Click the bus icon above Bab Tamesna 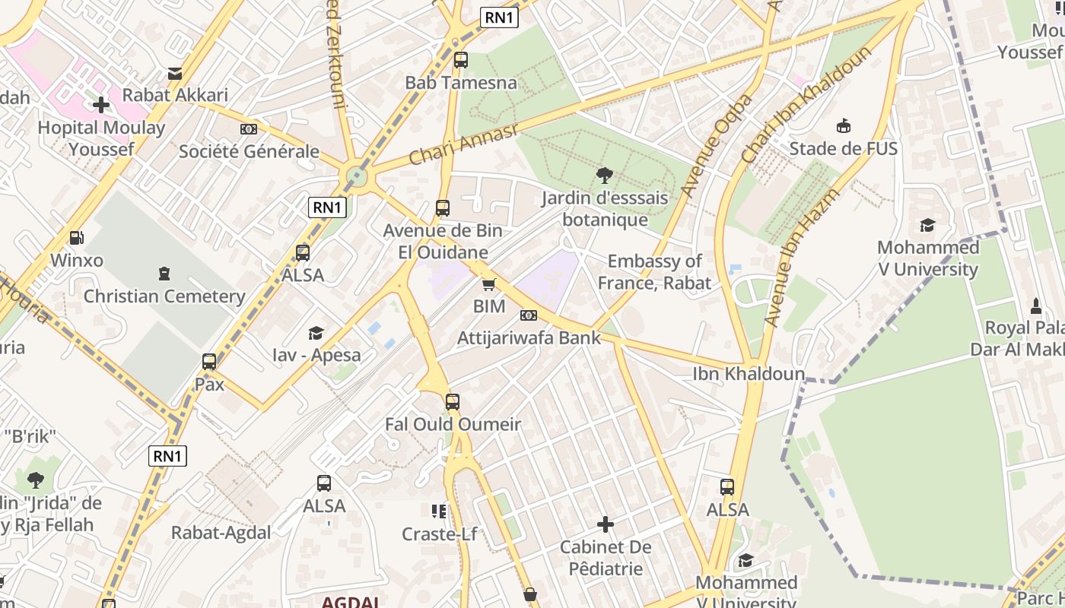point(461,60)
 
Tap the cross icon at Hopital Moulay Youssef point(101,105)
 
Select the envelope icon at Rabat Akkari point(175,73)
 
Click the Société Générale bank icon point(249,129)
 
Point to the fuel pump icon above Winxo point(76,238)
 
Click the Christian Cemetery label point(164,296)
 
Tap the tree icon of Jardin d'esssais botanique point(605,176)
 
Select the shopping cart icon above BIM point(489,284)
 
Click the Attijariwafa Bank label point(529,338)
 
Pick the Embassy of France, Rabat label point(654,272)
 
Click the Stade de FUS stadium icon point(843,126)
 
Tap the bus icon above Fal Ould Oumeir point(453,402)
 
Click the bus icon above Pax point(209,362)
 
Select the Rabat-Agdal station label point(221,533)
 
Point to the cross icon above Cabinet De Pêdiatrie point(606,524)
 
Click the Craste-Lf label point(440,534)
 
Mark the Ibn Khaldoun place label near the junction point(749,374)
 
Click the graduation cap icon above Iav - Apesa point(316,333)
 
